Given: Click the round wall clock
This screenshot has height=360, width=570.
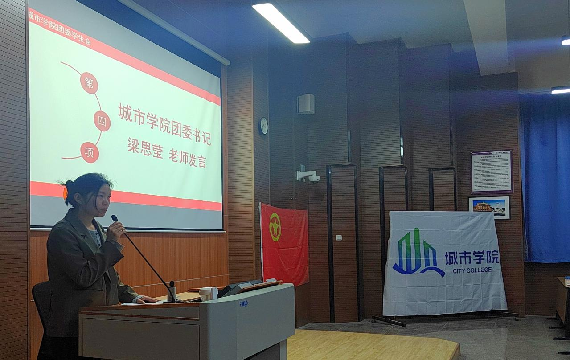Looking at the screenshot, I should coord(263,126).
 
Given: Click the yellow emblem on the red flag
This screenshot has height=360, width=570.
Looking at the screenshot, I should coord(275,227).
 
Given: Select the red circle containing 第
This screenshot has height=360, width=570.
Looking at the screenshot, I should coord(89,83).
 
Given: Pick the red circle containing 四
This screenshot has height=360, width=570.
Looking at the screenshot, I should coord(102,121).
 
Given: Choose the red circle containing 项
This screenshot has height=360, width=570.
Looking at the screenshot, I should coord(90,152).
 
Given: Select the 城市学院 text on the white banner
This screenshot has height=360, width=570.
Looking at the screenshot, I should coord(472,257).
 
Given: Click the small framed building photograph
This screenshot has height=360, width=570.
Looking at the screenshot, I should coord(489,207).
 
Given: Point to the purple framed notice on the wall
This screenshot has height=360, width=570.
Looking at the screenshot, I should coord(492,172).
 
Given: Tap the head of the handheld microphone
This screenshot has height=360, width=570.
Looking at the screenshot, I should coord(115,218).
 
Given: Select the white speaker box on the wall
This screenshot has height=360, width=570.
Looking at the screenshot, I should coord(306,104).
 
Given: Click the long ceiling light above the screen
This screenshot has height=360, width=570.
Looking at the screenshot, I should coord(281,23).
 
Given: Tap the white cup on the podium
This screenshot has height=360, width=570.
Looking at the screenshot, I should coord(205,294).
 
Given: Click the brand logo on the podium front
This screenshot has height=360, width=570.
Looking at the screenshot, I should coord(243,303).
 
